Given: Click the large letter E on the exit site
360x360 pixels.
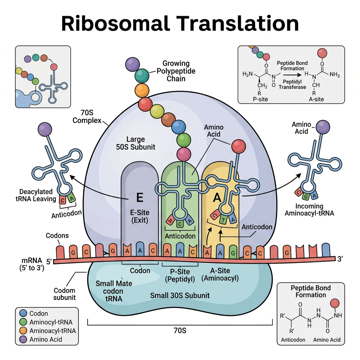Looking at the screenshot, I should [x=140, y=198].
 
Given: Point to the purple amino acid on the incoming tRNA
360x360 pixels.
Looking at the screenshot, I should [x=322, y=127].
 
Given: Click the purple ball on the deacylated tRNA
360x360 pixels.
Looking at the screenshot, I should [x=45, y=129].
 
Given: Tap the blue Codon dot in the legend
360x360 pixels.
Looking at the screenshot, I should [x=23, y=314].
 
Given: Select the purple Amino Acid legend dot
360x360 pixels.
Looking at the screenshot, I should [x=23, y=339].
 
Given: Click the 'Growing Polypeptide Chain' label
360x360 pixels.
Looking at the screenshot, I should [x=176, y=71].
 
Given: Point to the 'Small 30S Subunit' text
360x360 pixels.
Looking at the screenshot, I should [x=180, y=295].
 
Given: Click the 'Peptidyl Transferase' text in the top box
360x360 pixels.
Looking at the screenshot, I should [x=292, y=84].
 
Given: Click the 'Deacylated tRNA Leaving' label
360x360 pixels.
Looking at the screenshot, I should [x=36, y=195].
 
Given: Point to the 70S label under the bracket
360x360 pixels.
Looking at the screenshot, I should [x=180, y=330].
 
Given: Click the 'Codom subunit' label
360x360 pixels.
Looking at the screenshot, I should [x=65, y=294].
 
